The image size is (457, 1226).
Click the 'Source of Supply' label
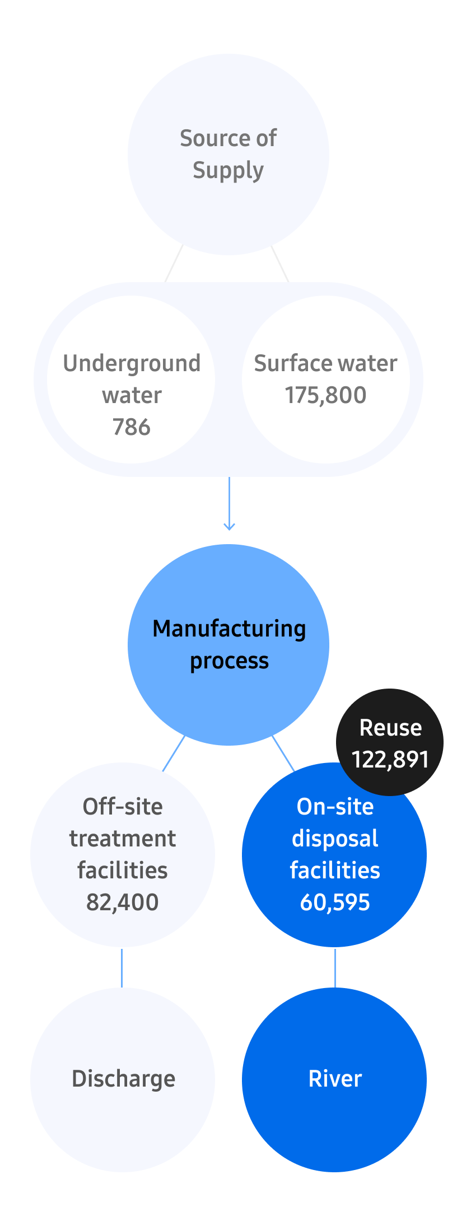(x=228, y=153)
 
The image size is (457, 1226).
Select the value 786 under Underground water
(x=132, y=427)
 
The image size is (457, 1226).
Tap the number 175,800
(x=325, y=395)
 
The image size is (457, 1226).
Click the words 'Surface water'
(x=325, y=363)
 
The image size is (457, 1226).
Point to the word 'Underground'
(x=132, y=363)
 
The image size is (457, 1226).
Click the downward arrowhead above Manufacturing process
(x=229, y=526)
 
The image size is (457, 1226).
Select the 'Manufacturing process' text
(x=229, y=644)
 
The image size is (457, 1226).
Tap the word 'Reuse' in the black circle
(x=390, y=727)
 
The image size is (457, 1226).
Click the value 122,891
(x=390, y=759)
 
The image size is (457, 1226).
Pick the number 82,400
(x=122, y=902)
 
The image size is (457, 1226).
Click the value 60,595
(x=335, y=902)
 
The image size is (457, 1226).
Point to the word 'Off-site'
(x=123, y=807)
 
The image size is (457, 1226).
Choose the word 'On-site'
(x=335, y=807)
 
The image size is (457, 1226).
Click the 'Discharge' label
(x=123, y=1078)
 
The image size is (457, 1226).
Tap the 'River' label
(x=335, y=1078)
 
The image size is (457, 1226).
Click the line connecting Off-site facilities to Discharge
(x=122, y=967)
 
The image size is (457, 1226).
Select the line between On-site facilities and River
(x=335, y=967)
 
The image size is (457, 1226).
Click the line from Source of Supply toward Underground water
(x=174, y=263)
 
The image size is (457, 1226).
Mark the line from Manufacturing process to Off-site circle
(x=173, y=754)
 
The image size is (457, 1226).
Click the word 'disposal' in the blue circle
(x=335, y=839)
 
